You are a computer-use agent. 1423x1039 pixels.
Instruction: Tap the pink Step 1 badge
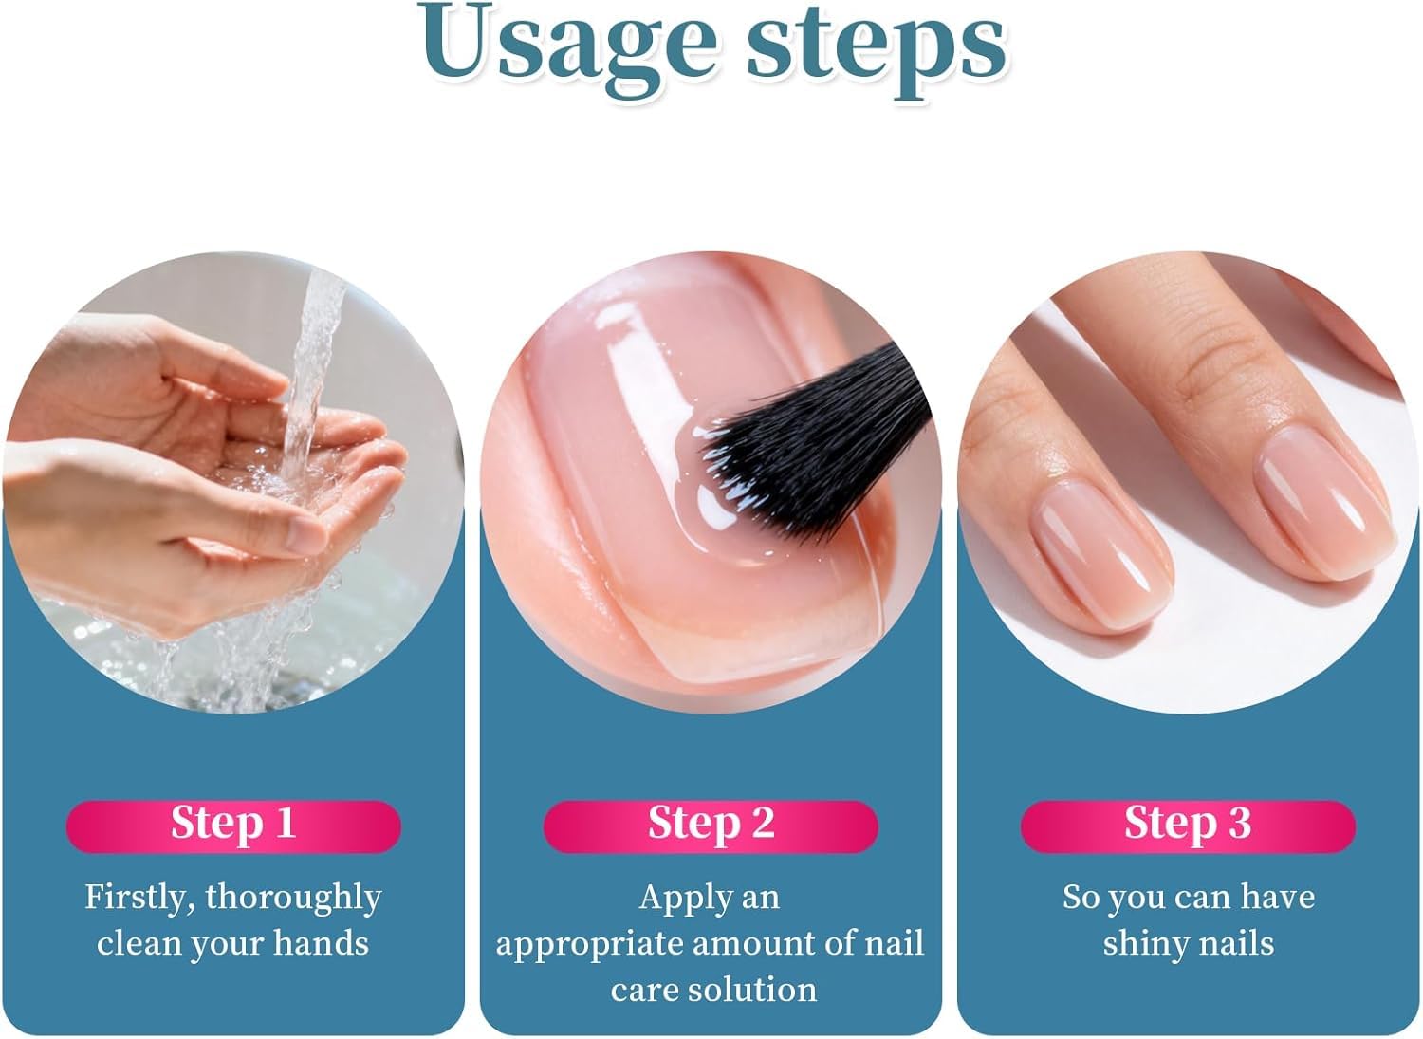pyautogui.click(x=233, y=825)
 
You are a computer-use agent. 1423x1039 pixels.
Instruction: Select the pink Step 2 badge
pyautogui.click(x=711, y=825)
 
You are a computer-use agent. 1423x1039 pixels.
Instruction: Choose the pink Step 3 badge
pyautogui.click(x=1188, y=825)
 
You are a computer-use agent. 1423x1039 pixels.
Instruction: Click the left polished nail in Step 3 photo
pyautogui.click(x=1100, y=550)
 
